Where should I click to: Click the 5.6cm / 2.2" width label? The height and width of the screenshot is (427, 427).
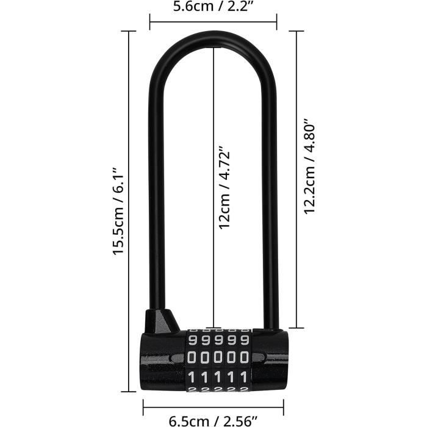click(x=213, y=9)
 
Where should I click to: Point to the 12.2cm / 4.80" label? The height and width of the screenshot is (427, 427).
click(x=310, y=166)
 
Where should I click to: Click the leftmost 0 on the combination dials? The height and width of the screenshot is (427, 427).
click(x=192, y=356)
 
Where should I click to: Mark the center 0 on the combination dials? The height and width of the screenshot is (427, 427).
click(x=218, y=356)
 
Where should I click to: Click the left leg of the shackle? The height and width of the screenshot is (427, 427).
click(x=155, y=183)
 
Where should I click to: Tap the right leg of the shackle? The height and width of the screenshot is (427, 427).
click(x=271, y=183)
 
